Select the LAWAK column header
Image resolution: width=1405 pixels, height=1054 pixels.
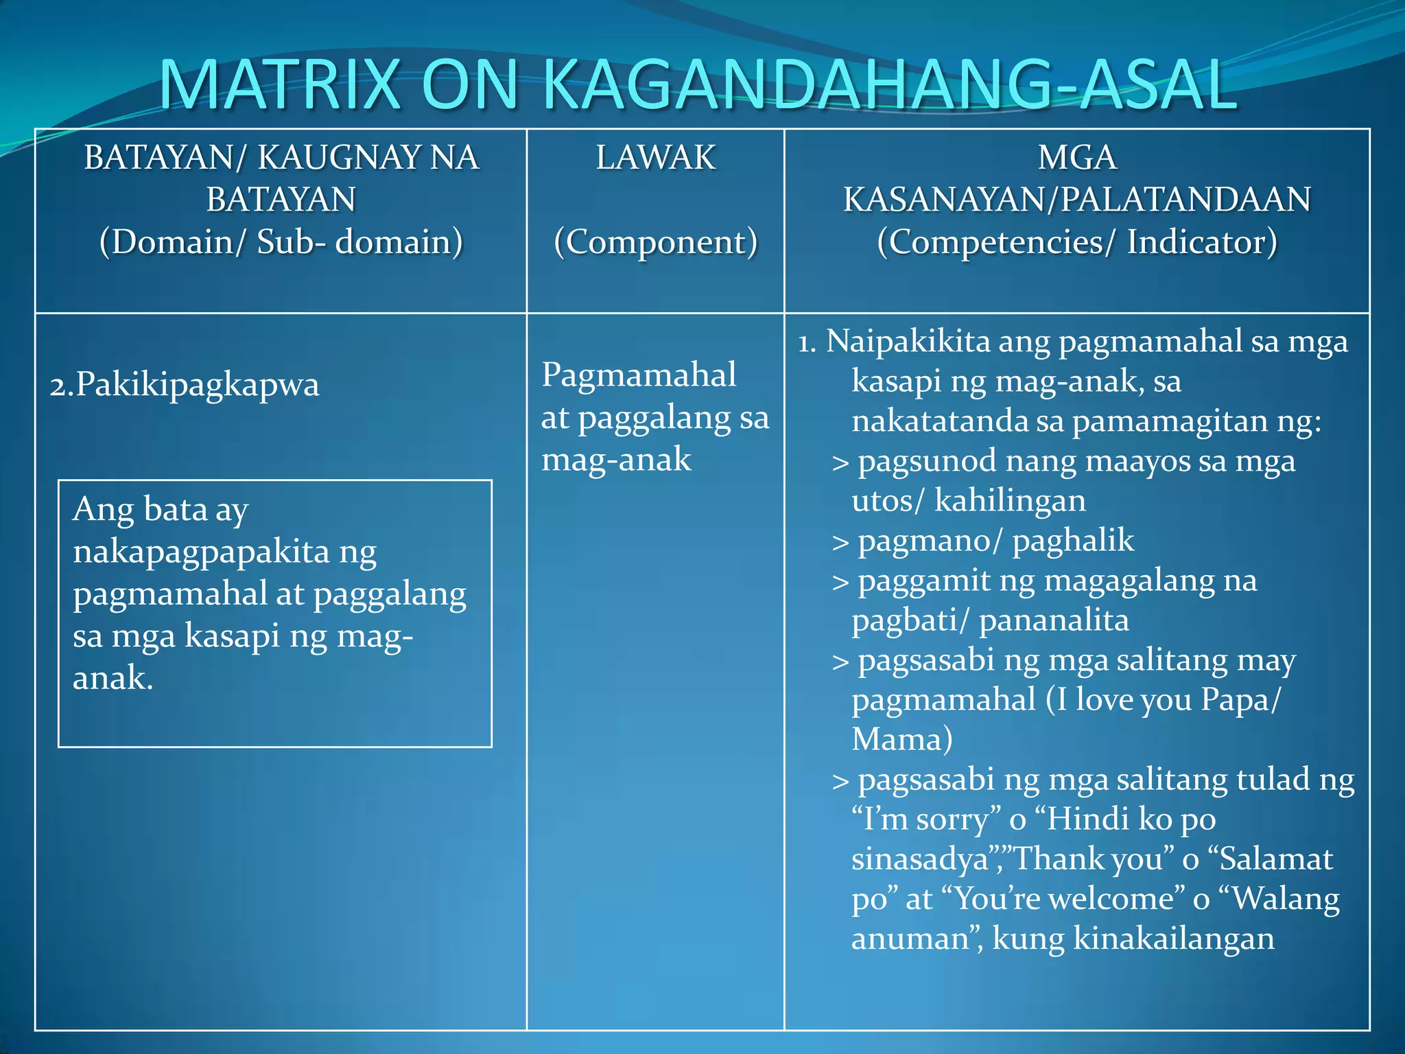tap(655, 158)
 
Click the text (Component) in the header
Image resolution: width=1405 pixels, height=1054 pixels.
tap(655, 242)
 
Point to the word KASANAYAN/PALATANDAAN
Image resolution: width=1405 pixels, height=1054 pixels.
tap(1076, 200)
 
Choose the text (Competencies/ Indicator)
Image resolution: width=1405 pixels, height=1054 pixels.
tap(1076, 242)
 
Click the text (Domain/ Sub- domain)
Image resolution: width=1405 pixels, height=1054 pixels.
tap(281, 242)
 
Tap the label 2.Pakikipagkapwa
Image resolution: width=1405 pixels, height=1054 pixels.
tap(184, 384)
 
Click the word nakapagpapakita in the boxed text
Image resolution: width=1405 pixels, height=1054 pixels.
tap(201, 552)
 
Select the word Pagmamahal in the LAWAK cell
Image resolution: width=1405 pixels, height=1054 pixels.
tap(639, 375)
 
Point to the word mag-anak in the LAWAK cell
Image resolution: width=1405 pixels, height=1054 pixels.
tap(616, 459)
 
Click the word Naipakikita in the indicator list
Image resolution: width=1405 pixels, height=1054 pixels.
tap(908, 341)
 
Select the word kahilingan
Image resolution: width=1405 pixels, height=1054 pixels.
tap(1010, 500)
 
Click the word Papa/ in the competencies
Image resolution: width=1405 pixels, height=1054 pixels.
tap(1240, 699)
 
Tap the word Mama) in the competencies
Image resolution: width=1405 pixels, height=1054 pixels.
tap(901, 739)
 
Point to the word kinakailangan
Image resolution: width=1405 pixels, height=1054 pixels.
tap(1173, 938)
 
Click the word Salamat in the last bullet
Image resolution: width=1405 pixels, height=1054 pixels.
tap(1276, 858)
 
